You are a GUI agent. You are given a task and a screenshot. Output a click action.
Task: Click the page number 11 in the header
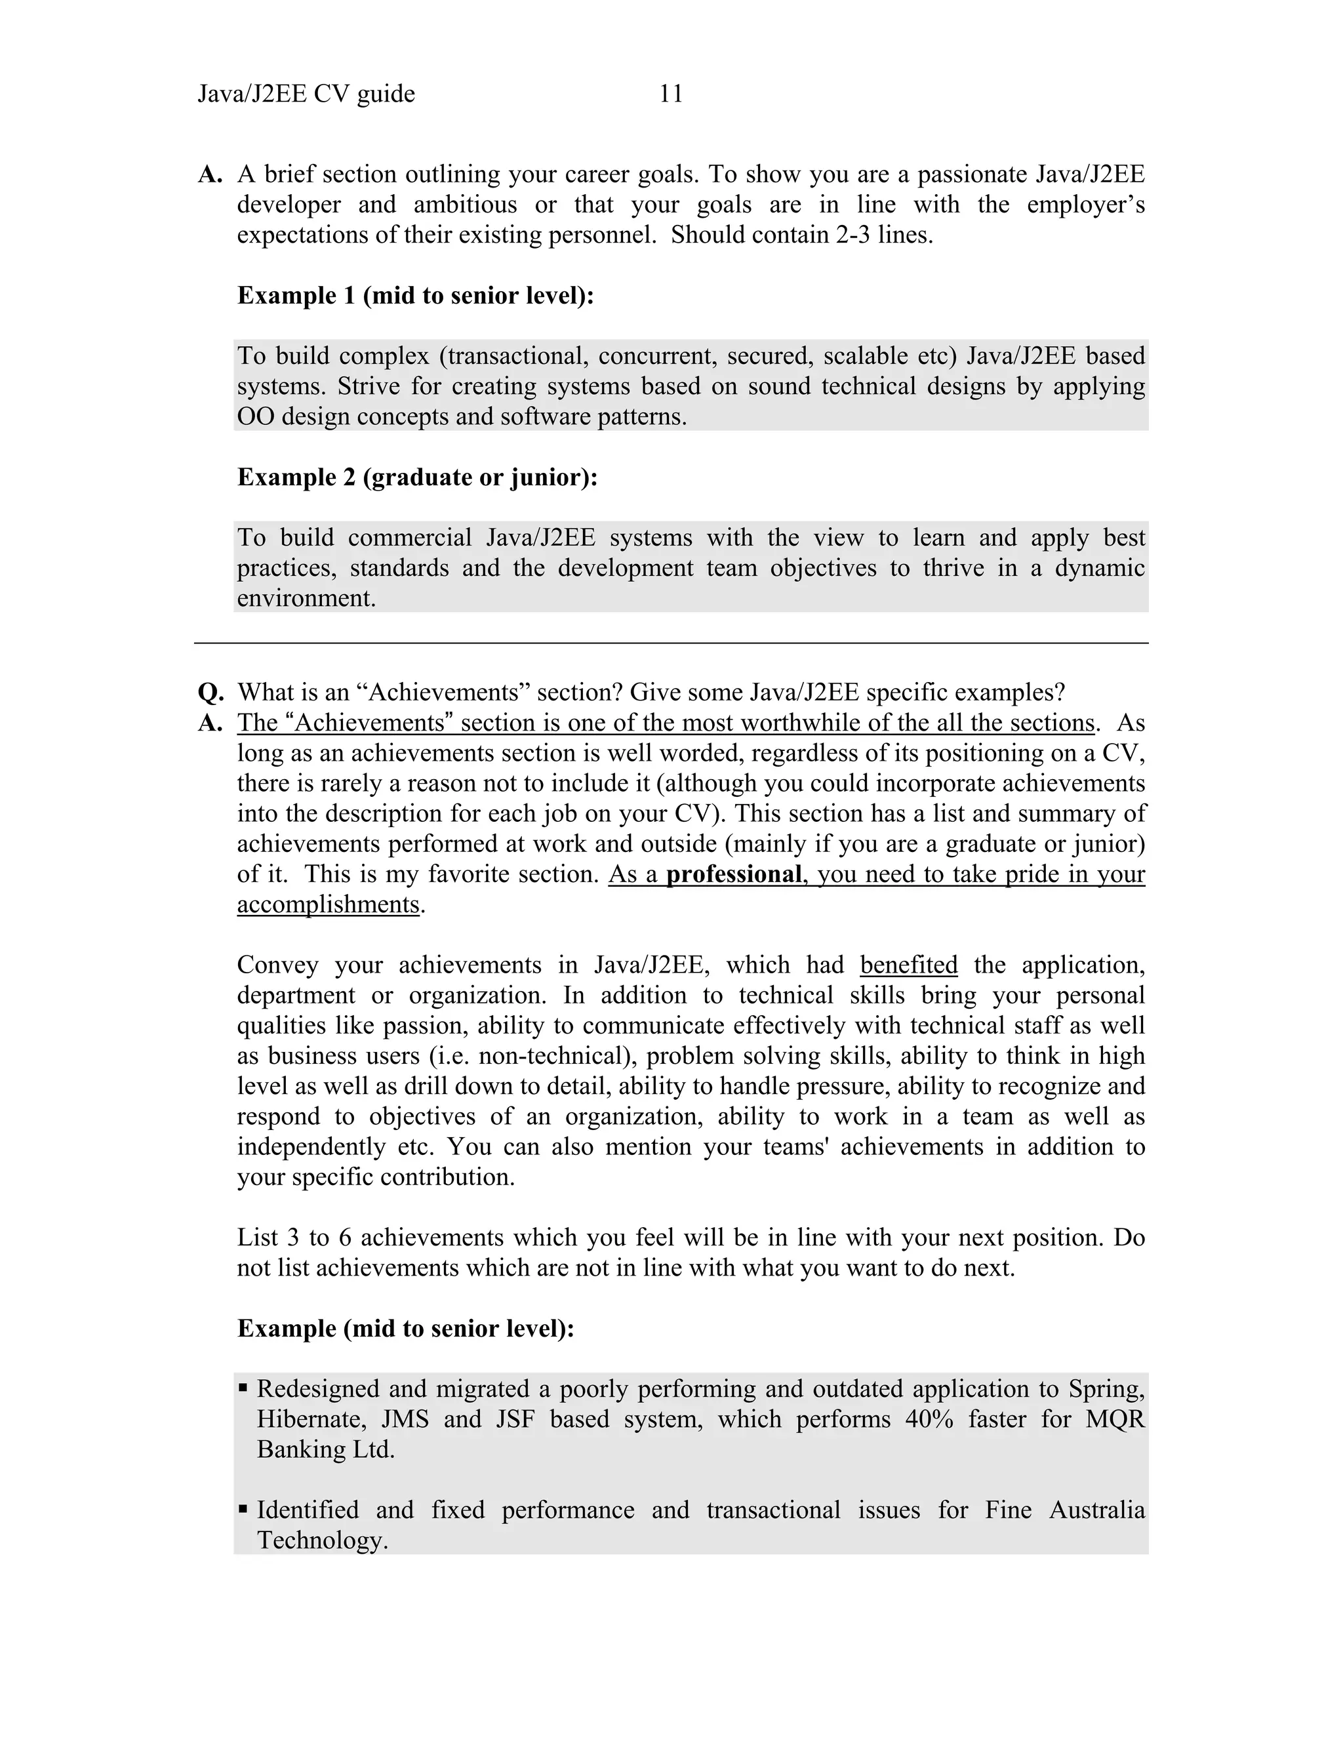671,94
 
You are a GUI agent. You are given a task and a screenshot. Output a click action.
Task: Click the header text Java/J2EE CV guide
306,94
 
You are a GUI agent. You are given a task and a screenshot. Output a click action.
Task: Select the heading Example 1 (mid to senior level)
415,296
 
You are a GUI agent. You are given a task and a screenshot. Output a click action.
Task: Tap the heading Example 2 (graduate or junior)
417,477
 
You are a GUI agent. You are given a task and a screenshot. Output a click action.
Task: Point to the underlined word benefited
909,965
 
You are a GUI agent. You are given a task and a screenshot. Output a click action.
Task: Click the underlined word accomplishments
328,905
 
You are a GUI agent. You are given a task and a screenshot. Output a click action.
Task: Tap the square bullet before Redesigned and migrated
243,1388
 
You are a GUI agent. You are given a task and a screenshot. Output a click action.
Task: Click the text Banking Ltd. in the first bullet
325,1449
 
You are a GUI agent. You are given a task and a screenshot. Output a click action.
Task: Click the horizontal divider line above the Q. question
671,643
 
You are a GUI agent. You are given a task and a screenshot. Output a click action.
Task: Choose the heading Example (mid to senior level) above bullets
406,1328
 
